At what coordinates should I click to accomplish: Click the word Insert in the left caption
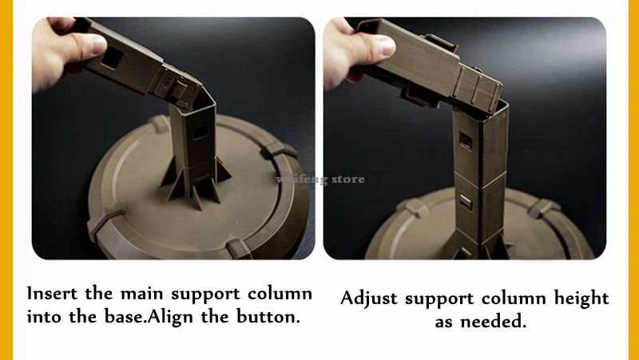[x=52, y=293]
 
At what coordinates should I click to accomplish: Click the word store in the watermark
[x=348, y=179]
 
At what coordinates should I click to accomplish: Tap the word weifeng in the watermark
[x=302, y=180]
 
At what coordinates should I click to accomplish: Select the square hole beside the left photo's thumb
[x=110, y=57]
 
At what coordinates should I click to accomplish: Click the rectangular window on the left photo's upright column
[x=200, y=133]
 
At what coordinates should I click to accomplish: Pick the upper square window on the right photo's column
[x=466, y=140]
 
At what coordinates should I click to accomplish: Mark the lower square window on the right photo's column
[x=466, y=202]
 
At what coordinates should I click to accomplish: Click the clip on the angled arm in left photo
[x=179, y=90]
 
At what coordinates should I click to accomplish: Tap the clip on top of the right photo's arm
[x=441, y=43]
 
